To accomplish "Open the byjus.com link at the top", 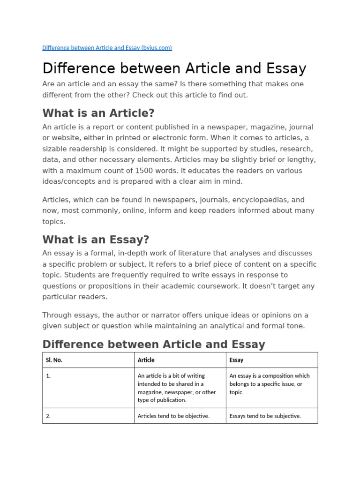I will pyautogui.click(x=107, y=48).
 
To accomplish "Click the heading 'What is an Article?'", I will pyautogui.click(x=98, y=113).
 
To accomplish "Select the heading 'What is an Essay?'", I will pyautogui.click(x=96, y=240).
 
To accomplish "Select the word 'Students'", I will pyautogui.click(x=56, y=275).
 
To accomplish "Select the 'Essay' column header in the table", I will pyautogui.click(x=236, y=360).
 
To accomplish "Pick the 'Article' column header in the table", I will pyautogui.click(x=146, y=360).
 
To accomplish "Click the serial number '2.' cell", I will pyautogui.click(x=48, y=416).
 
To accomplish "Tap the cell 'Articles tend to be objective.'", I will pyautogui.click(x=173, y=416).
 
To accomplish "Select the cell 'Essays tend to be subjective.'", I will pyautogui.click(x=265, y=416).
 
